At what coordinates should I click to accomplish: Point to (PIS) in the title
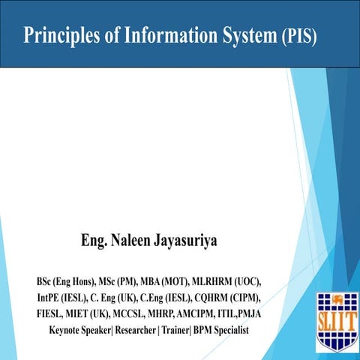[300, 35]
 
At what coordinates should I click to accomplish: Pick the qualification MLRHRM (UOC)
[232, 282]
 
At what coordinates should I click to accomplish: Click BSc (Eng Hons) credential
[65, 282]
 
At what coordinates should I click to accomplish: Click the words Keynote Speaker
[79, 331]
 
